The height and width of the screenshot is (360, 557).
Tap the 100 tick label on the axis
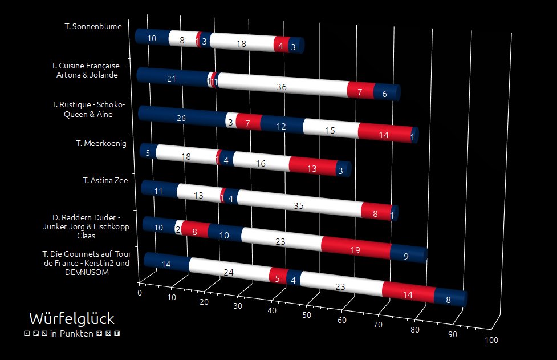pyautogui.click(x=491, y=341)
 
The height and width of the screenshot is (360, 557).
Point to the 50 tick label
pyautogui.click(x=306, y=315)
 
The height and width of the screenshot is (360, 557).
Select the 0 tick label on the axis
pyautogui.click(x=139, y=293)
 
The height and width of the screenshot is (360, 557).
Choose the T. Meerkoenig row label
pyautogui.click(x=101, y=143)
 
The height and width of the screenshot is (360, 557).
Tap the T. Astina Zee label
pyautogui.click(x=105, y=180)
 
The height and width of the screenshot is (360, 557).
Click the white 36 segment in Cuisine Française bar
pyautogui.click(x=281, y=87)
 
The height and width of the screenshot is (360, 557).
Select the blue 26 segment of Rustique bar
pyautogui.click(x=181, y=119)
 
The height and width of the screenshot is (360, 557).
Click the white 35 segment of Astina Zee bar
pyautogui.click(x=298, y=205)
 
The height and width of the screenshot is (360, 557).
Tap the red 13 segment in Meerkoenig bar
pyautogui.click(x=311, y=168)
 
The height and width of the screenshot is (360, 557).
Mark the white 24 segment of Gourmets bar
pyautogui.click(x=229, y=273)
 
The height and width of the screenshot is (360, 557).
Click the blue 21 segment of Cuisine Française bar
pyautogui.click(x=171, y=79)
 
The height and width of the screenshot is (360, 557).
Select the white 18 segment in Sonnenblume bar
pyautogui.click(x=241, y=44)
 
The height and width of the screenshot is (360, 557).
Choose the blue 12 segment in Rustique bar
pyautogui.click(x=281, y=126)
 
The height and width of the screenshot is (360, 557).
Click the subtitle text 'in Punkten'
pyautogui.click(x=72, y=333)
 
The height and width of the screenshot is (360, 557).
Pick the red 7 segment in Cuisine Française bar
pyautogui.click(x=360, y=92)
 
